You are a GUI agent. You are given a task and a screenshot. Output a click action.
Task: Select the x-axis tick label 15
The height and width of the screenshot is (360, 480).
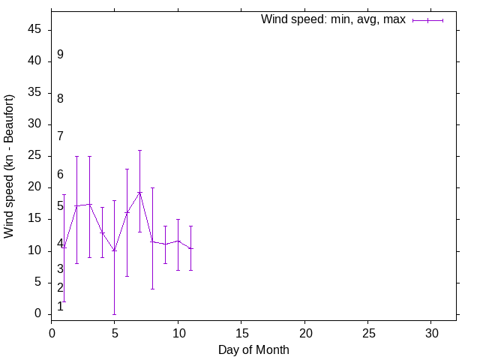click(241, 331)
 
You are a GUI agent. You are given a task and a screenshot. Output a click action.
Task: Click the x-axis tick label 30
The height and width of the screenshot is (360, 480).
click(431, 331)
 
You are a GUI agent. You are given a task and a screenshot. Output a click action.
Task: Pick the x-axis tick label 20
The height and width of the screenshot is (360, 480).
click(304, 331)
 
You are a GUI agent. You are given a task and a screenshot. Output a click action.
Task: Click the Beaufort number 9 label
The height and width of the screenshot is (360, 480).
click(60, 55)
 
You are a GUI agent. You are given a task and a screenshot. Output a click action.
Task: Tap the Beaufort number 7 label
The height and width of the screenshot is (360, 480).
click(60, 136)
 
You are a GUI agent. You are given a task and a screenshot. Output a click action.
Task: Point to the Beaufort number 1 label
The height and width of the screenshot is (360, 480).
click(60, 307)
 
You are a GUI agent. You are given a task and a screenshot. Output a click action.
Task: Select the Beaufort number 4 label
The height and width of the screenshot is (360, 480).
click(60, 244)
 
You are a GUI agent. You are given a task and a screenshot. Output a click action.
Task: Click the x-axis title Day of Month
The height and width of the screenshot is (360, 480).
click(253, 349)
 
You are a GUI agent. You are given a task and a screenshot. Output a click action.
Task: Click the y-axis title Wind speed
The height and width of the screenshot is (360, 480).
click(10, 166)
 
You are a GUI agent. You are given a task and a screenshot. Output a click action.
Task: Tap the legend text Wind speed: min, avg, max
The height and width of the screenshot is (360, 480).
click(333, 19)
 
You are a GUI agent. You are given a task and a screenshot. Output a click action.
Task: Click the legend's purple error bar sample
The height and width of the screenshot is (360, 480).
click(427, 20)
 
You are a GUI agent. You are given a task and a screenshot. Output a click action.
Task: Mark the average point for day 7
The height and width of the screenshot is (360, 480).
click(139, 193)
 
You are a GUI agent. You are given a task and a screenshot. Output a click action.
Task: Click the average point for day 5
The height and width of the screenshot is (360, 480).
click(114, 250)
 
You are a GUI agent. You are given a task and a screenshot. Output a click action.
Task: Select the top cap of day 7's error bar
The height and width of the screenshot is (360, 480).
click(139, 150)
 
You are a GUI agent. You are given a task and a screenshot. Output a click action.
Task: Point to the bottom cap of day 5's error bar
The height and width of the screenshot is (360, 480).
click(114, 314)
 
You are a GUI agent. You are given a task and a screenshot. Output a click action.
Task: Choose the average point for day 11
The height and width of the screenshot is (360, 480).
click(190, 248)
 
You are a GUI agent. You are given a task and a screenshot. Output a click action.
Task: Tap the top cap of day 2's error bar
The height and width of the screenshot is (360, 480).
click(76, 156)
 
